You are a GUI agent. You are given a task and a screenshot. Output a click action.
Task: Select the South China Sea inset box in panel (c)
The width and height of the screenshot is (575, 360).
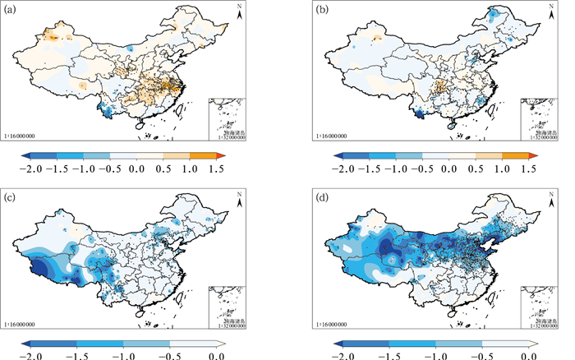tap(228, 307)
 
